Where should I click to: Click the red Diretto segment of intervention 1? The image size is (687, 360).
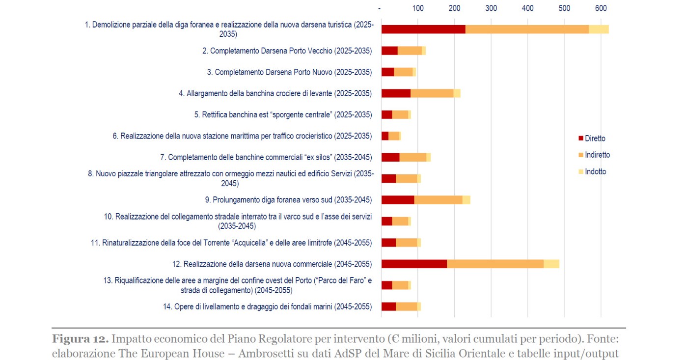point(423,29)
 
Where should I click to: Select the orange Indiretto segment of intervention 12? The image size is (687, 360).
point(495,264)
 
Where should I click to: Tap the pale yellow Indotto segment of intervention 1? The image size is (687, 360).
point(599,29)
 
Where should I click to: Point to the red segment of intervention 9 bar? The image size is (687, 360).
point(398,200)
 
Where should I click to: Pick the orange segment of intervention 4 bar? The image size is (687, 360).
point(432,93)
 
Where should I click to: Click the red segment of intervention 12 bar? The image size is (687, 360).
point(414,264)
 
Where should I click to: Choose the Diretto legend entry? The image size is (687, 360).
point(595,138)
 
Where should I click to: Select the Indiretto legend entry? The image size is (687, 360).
point(597,155)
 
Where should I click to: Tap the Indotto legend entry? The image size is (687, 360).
point(595,171)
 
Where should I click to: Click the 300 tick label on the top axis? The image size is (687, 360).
point(491,8)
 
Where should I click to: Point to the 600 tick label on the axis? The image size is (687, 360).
point(601,8)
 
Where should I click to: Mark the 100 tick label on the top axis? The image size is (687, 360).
point(418,8)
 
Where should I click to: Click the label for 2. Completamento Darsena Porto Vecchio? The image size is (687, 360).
point(287,51)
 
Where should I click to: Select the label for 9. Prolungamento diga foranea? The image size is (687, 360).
point(288,200)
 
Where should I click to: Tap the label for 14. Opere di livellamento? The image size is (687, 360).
point(267,306)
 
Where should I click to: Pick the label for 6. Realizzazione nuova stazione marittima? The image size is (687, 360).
point(242,136)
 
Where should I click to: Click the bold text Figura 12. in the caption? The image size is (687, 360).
point(80,339)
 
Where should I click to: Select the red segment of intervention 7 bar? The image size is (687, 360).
point(390,157)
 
